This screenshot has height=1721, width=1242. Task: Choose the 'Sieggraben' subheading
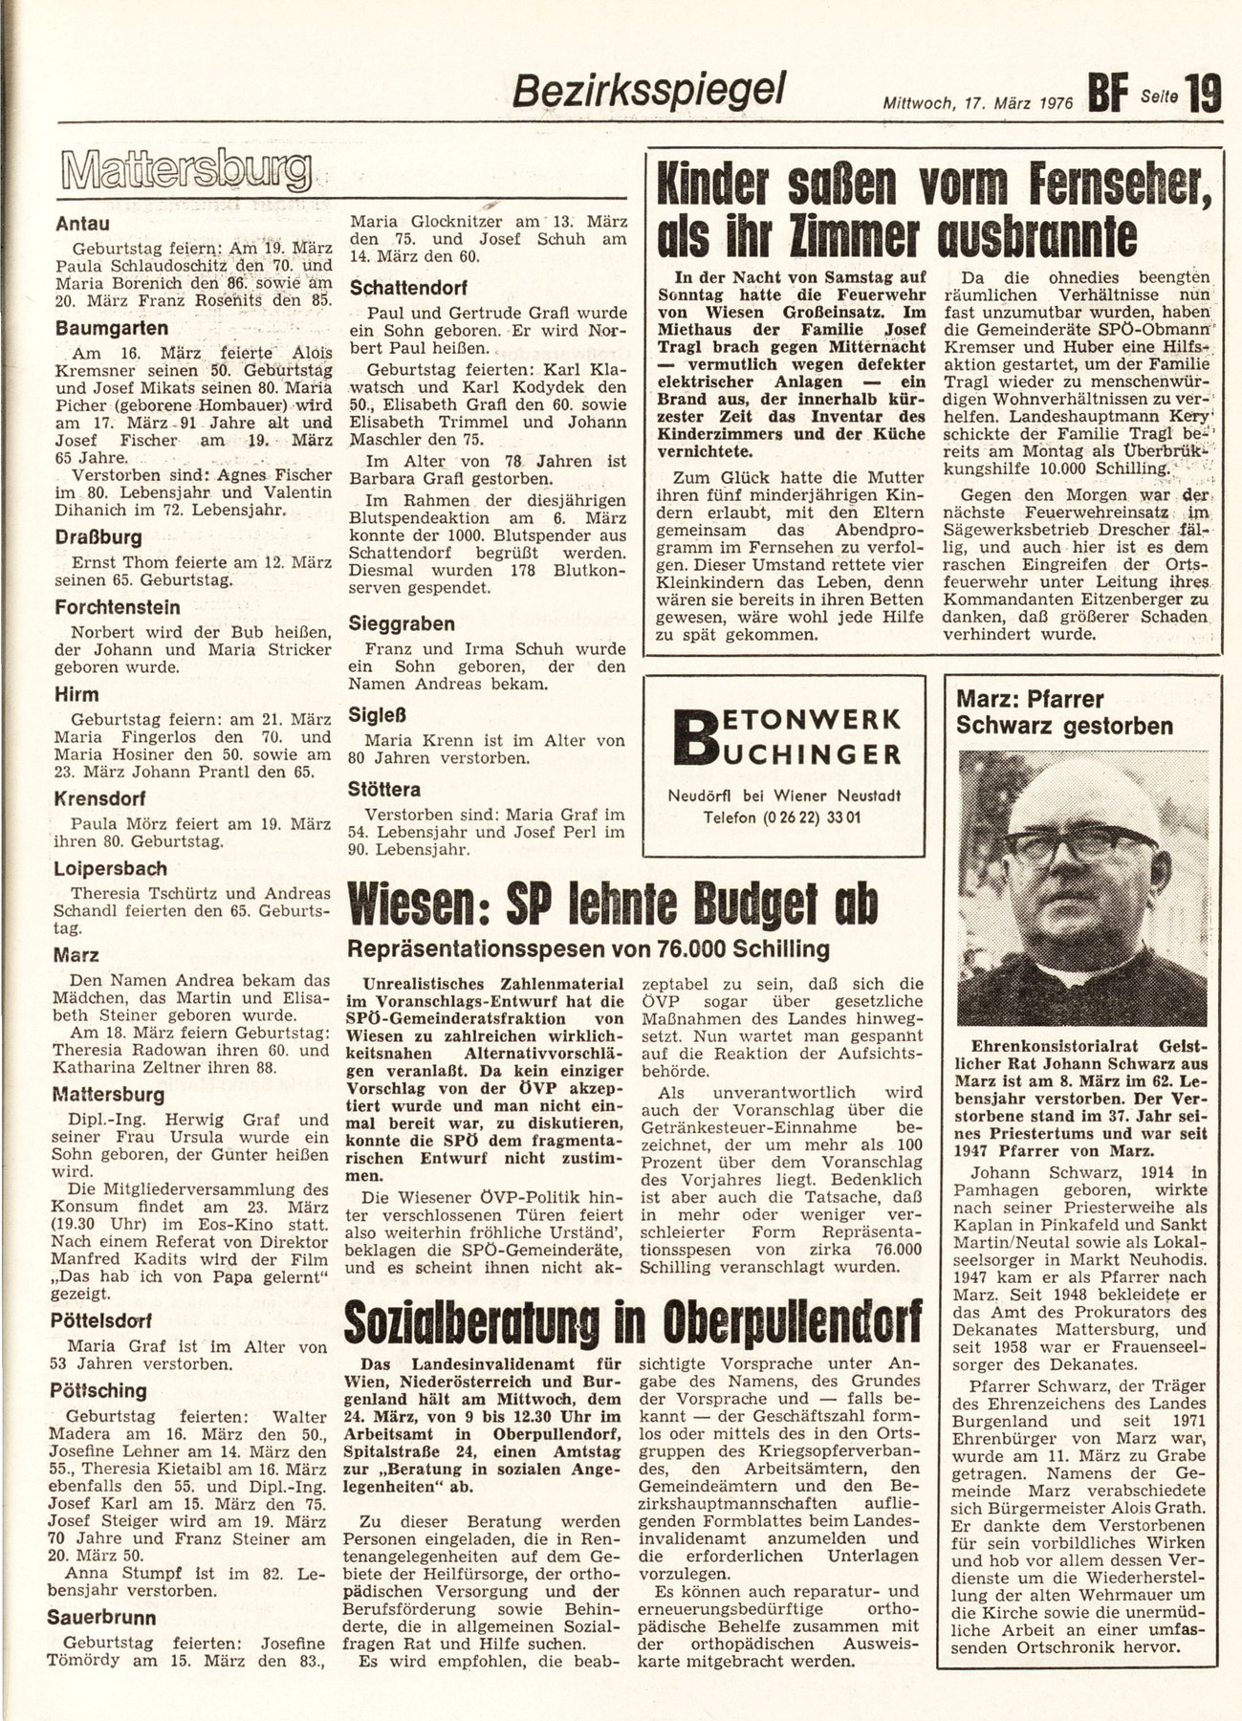(x=402, y=623)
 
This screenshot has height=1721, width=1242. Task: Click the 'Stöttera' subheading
(x=384, y=790)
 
